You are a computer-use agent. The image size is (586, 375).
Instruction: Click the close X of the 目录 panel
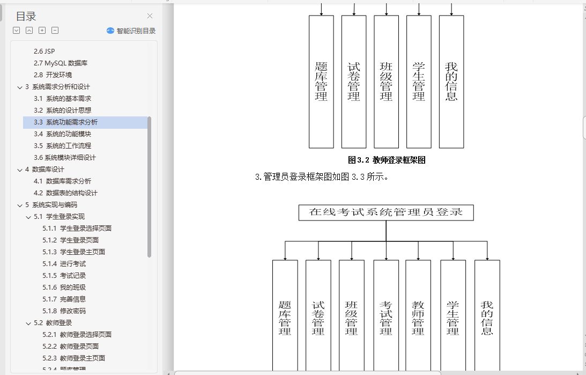pyautogui.click(x=150, y=16)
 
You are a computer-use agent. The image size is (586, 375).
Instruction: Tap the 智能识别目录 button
pyautogui.click(x=131, y=31)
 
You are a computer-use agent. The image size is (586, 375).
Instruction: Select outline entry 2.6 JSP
pyautogui.click(x=44, y=52)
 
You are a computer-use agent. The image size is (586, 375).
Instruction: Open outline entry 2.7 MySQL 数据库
pyautogui.click(x=61, y=63)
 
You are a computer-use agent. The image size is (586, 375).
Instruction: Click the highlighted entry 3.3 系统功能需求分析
pyautogui.click(x=66, y=122)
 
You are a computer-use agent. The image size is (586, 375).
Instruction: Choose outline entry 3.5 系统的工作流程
pyautogui.click(x=63, y=146)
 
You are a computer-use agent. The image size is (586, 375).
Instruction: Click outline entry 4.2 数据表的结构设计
pyautogui.click(x=66, y=193)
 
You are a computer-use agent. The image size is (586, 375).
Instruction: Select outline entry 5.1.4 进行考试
pyautogui.click(x=65, y=264)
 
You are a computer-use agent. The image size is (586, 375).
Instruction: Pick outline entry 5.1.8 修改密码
pyautogui.click(x=65, y=311)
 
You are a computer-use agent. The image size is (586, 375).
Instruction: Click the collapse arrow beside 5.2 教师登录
pyautogui.click(x=29, y=323)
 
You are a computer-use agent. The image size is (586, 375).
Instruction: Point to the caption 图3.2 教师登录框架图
pyautogui.click(x=387, y=160)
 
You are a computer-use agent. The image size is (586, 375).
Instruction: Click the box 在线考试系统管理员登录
pyautogui.click(x=386, y=212)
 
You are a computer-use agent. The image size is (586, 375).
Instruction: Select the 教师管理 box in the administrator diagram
pyautogui.click(x=418, y=317)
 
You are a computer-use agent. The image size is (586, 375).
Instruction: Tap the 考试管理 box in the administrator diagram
pyautogui.click(x=386, y=317)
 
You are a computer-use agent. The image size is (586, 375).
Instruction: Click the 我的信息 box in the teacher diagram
pyautogui.click(x=451, y=82)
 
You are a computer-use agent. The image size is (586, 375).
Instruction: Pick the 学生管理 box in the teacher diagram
pyautogui.click(x=419, y=82)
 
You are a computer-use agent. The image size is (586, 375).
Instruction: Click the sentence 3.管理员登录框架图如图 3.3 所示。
pyautogui.click(x=322, y=177)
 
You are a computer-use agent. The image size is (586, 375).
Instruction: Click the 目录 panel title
pyautogui.click(x=26, y=17)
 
